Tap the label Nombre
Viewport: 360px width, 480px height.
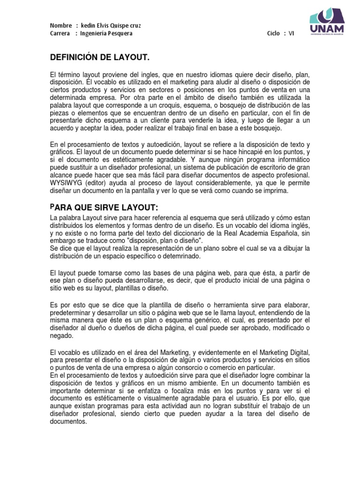[x=60, y=25]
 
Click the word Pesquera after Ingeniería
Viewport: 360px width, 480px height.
[x=120, y=33]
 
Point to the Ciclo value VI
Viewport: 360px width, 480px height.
[x=291, y=33]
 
